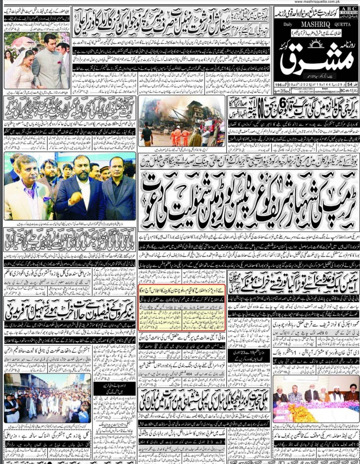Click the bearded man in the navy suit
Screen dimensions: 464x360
(80, 189)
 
